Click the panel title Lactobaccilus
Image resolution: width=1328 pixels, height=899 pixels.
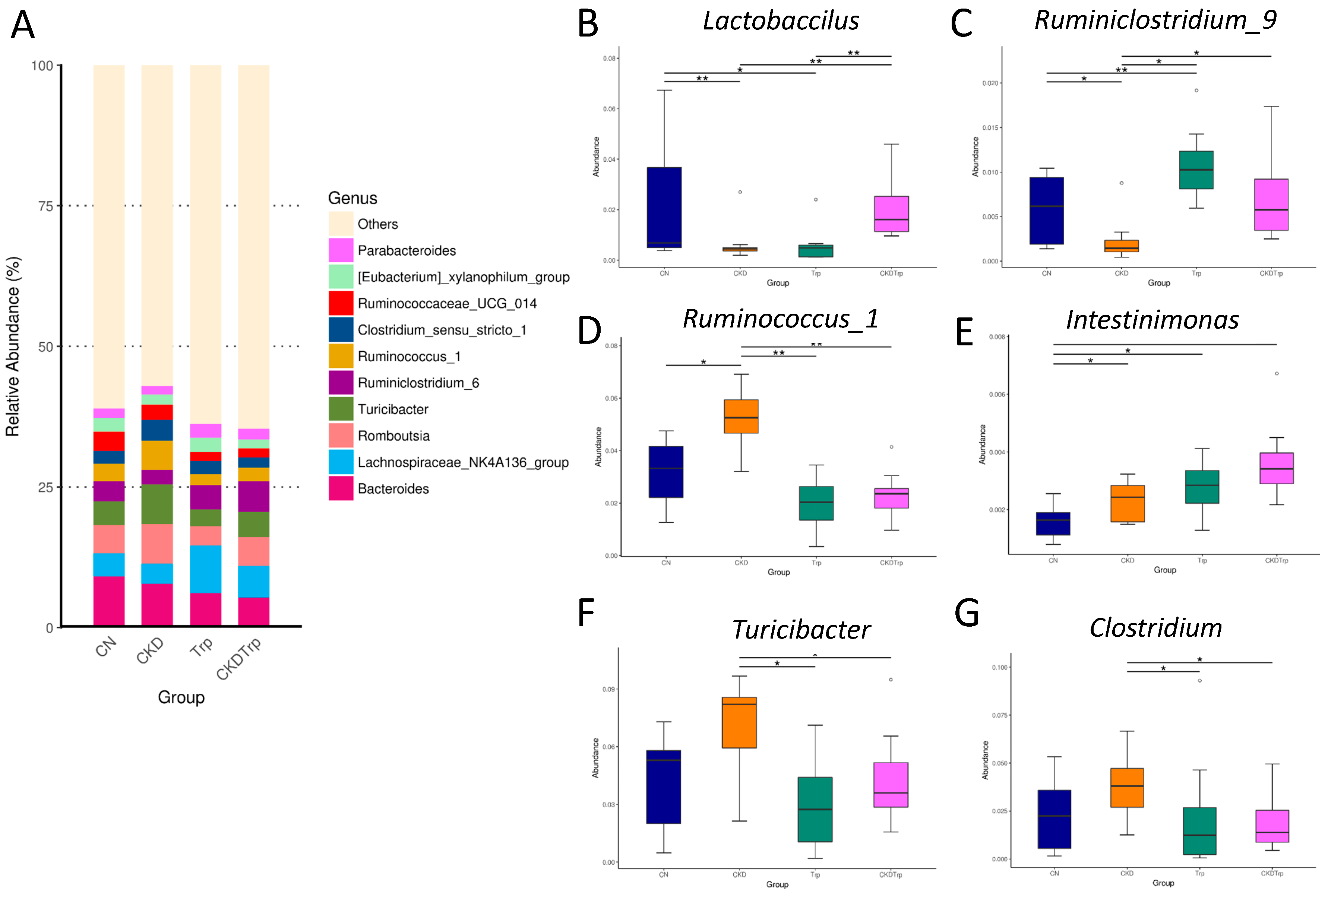pos(781,21)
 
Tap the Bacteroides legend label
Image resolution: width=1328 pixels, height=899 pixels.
pos(393,489)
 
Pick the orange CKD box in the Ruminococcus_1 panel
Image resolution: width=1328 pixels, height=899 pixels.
pos(741,416)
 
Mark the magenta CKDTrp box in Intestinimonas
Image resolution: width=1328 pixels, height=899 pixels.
pos(1277,468)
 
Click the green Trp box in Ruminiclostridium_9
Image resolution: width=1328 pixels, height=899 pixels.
pos(1196,170)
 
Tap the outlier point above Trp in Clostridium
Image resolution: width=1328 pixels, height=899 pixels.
pos(1199,681)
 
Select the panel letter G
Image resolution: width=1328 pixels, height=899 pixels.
pos(967,613)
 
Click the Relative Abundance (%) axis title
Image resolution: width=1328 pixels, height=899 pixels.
pos(13,346)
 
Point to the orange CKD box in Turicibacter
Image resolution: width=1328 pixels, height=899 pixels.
pos(739,722)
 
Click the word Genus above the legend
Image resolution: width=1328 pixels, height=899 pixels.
pos(352,198)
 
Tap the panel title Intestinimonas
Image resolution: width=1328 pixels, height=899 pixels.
pos(1152,320)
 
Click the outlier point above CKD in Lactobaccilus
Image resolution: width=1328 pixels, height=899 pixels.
pos(740,192)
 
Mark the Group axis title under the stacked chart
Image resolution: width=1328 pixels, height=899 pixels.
pos(181,697)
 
